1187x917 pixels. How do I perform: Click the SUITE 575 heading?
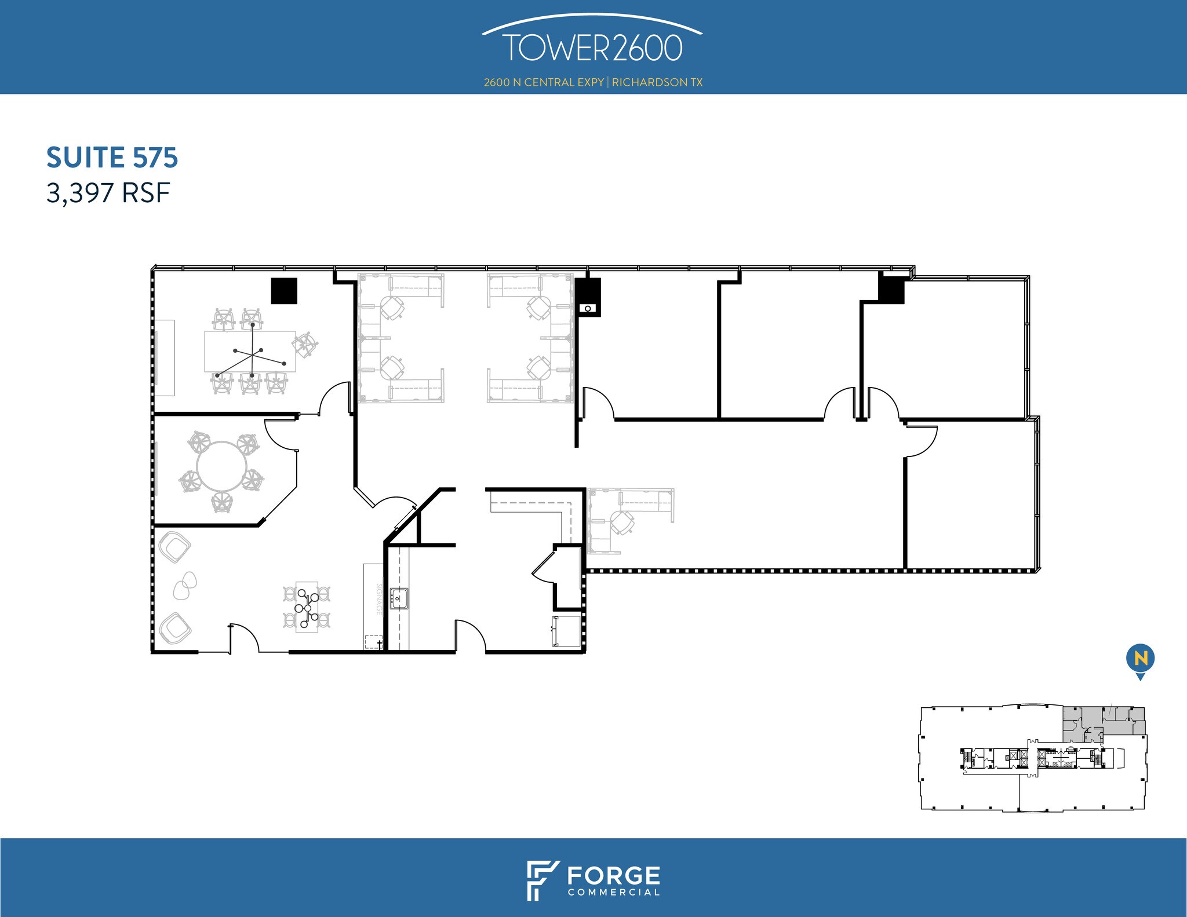click(x=112, y=158)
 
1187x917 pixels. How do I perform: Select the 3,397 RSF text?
click(x=108, y=193)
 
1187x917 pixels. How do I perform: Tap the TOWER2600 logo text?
click(x=592, y=48)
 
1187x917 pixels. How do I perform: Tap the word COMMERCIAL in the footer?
click(x=614, y=892)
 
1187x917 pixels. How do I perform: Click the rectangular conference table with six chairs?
click(x=250, y=351)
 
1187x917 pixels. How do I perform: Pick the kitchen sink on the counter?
click(x=399, y=598)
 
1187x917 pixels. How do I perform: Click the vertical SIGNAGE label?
click(x=380, y=599)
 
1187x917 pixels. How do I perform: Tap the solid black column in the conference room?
click(x=285, y=291)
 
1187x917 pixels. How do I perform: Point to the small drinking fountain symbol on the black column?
click(x=588, y=308)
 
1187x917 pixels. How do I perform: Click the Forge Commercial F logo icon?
click(x=542, y=881)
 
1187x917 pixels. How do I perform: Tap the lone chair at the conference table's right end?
click(x=305, y=345)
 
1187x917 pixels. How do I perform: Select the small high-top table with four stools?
click(x=307, y=607)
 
